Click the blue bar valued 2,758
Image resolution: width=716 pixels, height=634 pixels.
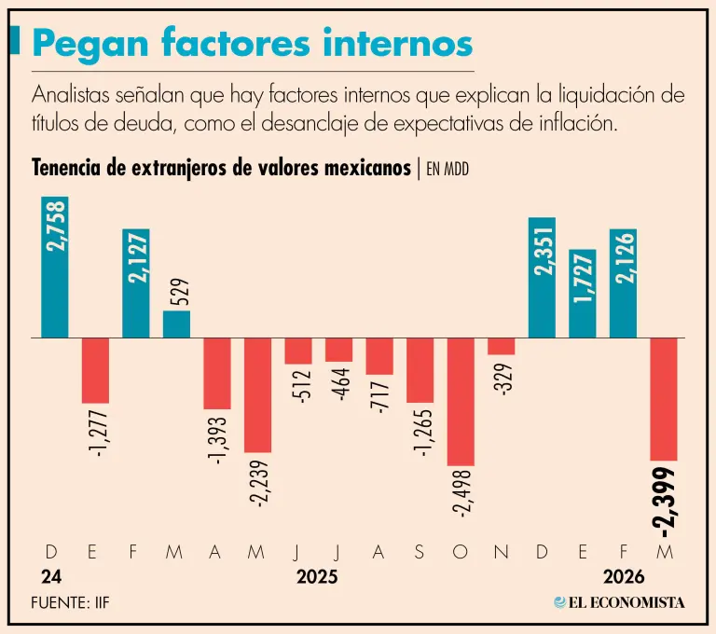[55, 267]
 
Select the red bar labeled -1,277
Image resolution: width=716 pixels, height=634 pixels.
[95, 370]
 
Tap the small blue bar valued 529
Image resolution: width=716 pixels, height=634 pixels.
[177, 324]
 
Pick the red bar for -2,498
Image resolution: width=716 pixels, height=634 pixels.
[461, 401]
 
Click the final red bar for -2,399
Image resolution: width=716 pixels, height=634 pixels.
[664, 399]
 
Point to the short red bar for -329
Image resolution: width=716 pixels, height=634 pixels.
[502, 346]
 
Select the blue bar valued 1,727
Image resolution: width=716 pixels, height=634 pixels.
[583, 294]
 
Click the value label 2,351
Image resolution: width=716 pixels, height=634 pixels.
[542, 248]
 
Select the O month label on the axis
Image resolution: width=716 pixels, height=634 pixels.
[461, 552]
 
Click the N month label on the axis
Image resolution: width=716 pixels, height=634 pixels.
[502, 552]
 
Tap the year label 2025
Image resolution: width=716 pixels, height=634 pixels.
[317, 577]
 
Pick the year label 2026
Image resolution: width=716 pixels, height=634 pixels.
[623, 577]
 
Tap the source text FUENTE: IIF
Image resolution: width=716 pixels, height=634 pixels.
[70, 603]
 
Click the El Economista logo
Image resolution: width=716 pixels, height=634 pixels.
[619, 602]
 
